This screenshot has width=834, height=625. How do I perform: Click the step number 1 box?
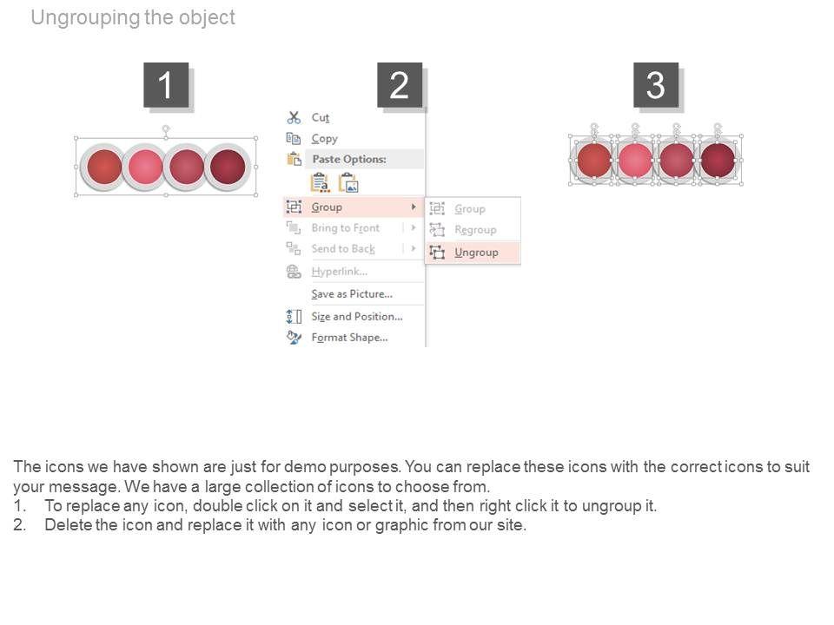tap(166, 85)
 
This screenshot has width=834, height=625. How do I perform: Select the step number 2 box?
tap(400, 85)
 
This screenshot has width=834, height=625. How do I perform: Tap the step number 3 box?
tap(656, 85)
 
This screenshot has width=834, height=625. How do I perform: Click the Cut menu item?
tap(321, 117)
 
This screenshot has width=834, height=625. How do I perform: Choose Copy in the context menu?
tap(324, 139)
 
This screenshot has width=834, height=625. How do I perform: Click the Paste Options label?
tap(349, 159)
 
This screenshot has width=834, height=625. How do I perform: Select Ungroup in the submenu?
tap(476, 253)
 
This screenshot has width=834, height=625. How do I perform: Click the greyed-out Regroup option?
tap(475, 229)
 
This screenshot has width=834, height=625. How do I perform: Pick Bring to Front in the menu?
tap(346, 228)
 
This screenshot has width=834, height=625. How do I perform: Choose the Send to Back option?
tap(343, 249)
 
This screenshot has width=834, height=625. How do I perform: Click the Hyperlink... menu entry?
tap(340, 272)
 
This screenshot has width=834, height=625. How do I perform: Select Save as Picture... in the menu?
tap(352, 294)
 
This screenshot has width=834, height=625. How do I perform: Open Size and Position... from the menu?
tap(357, 317)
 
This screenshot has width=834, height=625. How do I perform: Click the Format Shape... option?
tap(349, 338)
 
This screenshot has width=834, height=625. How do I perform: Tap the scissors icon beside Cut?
tap(294, 117)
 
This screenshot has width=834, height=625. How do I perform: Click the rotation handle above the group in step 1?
tap(166, 128)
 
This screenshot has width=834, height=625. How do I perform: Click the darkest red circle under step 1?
tap(228, 167)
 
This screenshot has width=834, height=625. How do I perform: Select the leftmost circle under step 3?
tap(594, 160)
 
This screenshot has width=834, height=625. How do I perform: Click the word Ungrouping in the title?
tap(86, 17)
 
